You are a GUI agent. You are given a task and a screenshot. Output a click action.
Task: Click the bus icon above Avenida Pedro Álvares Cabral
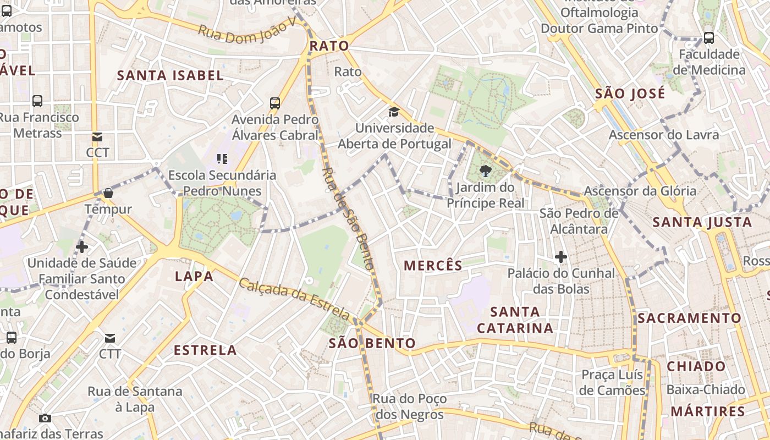(275, 103)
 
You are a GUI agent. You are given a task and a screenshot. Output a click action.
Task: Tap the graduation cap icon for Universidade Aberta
(394, 112)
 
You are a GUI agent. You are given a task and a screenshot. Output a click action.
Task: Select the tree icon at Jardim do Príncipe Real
(485, 171)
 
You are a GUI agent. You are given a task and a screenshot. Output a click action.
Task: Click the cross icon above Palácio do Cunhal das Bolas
(561, 256)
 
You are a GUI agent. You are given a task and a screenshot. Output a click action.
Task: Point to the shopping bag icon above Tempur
(108, 193)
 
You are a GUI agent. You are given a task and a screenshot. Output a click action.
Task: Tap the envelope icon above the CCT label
(97, 136)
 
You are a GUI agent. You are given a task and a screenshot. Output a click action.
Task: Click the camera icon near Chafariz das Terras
(46, 418)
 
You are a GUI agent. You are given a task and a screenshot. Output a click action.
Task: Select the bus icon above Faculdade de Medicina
(709, 38)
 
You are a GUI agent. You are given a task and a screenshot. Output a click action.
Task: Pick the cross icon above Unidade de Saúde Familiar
(82, 247)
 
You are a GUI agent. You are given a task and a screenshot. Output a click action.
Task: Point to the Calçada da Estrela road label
(294, 300)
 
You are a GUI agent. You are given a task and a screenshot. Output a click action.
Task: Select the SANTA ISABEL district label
(170, 75)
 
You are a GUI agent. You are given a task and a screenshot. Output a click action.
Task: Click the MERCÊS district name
(433, 266)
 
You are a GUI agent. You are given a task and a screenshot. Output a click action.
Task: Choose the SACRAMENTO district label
(690, 318)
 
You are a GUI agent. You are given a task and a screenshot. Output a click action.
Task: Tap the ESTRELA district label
(205, 350)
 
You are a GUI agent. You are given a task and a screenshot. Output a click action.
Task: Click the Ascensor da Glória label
(640, 191)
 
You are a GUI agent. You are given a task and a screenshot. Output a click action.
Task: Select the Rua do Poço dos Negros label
(410, 406)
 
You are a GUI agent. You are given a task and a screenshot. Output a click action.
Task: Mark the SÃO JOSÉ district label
(630, 93)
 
